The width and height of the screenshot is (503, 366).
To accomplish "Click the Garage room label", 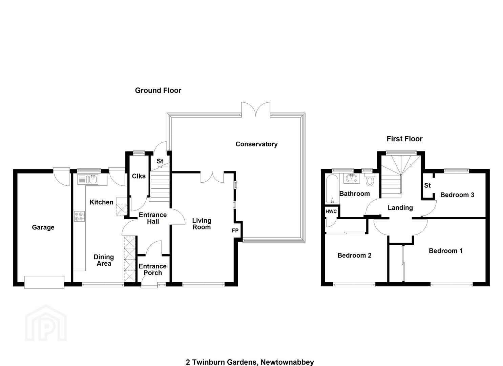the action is pyautogui.click(x=43, y=227).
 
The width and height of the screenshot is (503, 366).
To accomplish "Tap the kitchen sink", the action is pyautogui.click(x=88, y=179).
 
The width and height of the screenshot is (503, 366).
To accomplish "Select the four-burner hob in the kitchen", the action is pyautogui.click(x=80, y=216).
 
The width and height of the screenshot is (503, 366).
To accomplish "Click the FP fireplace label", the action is pyautogui.click(x=235, y=230).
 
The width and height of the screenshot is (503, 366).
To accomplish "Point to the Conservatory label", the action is pyautogui.click(x=256, y=144).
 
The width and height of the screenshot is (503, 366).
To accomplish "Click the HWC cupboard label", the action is pyautogui.click(x=331, y=211).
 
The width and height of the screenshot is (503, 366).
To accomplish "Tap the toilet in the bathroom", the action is pyautogui.click(x=370, y=180).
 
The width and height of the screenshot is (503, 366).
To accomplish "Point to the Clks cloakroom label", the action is pyautogui.click(x=139, y=176).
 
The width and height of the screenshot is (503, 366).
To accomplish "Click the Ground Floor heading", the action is pyautogui.click(x=158, y=90).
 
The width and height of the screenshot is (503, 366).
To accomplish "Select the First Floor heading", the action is pyautogui.click(x=404, y=139).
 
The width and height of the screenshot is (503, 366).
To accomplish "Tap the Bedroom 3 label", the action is pyautogui.click(x=457, y=195).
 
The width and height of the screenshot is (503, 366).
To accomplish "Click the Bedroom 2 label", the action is pyautogui.click(x=354, y=256).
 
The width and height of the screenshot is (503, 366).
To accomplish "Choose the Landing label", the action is pyautogui.click(x=400, y=208).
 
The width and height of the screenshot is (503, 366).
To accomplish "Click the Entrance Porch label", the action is pyautogui.click(x=153, y=269).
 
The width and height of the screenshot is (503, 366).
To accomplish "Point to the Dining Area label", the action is pyautogui.click(x=104, y=260).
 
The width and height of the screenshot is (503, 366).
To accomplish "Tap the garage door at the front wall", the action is pyautogui.click(x=44, y=282).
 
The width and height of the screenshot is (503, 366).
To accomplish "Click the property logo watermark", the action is pyautogui.click(x=46, y=323).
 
